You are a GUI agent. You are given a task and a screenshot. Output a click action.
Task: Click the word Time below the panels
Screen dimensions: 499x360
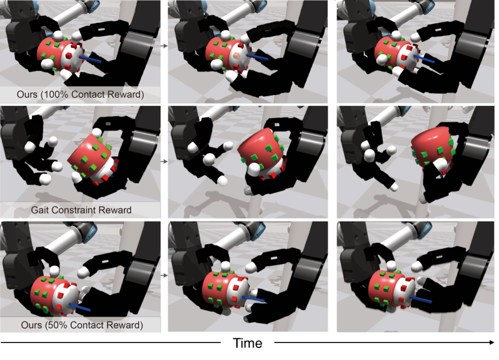[248, 343]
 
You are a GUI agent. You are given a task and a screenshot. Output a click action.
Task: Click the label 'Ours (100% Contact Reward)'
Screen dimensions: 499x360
[80, 94]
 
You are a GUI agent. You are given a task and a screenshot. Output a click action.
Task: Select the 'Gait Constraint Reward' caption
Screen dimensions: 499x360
[81, 210]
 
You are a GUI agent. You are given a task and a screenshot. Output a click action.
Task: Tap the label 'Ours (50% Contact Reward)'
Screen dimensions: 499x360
[82, 325]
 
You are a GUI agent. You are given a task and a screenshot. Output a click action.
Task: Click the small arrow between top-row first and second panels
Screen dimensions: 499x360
[164, 46]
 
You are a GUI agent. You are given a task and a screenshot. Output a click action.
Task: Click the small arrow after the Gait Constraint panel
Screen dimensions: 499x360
[164, 162]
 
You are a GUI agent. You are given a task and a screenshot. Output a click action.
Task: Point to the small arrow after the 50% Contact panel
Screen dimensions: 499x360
[164, 275]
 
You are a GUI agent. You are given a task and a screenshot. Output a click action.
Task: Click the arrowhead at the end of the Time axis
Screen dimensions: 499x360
[492, 343]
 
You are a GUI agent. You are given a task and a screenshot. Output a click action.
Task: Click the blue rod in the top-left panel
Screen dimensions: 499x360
[90, 59]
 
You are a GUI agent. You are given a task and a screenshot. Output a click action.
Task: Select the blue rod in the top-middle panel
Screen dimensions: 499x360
[257, 57]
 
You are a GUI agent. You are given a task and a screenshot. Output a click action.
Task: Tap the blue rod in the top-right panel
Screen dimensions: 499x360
[424, 59]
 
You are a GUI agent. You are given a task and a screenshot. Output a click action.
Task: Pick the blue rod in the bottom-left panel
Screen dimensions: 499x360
[79, 308]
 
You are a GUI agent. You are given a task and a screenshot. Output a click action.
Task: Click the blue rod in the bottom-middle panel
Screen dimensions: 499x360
[253, 299]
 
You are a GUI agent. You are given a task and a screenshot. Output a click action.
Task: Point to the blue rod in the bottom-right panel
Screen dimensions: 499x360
[421, 299]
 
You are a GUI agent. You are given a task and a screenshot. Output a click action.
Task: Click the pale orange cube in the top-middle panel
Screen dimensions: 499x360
[236, 56]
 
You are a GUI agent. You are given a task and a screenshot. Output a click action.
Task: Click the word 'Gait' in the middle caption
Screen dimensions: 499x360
[40, 210]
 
